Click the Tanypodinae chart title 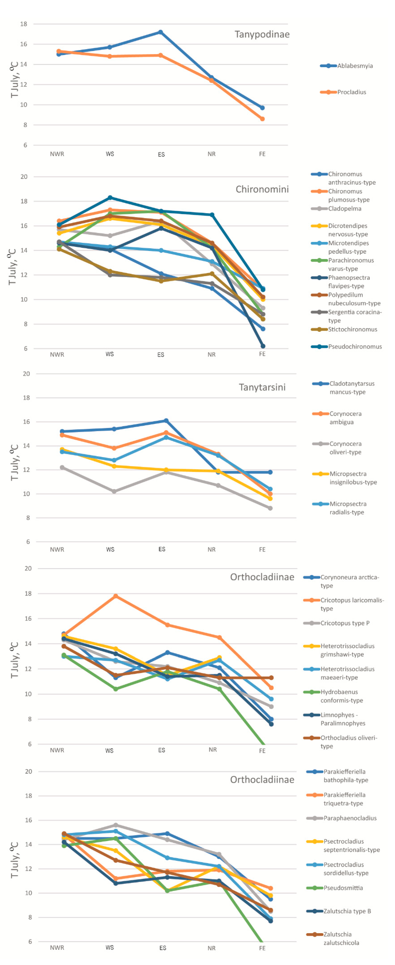click(262, 34)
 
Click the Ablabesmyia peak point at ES click(160, 32)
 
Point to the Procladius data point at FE click(262, 119)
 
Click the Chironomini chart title click(262, 189)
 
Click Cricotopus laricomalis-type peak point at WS click(116, 596)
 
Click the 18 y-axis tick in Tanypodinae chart click(24, 24)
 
